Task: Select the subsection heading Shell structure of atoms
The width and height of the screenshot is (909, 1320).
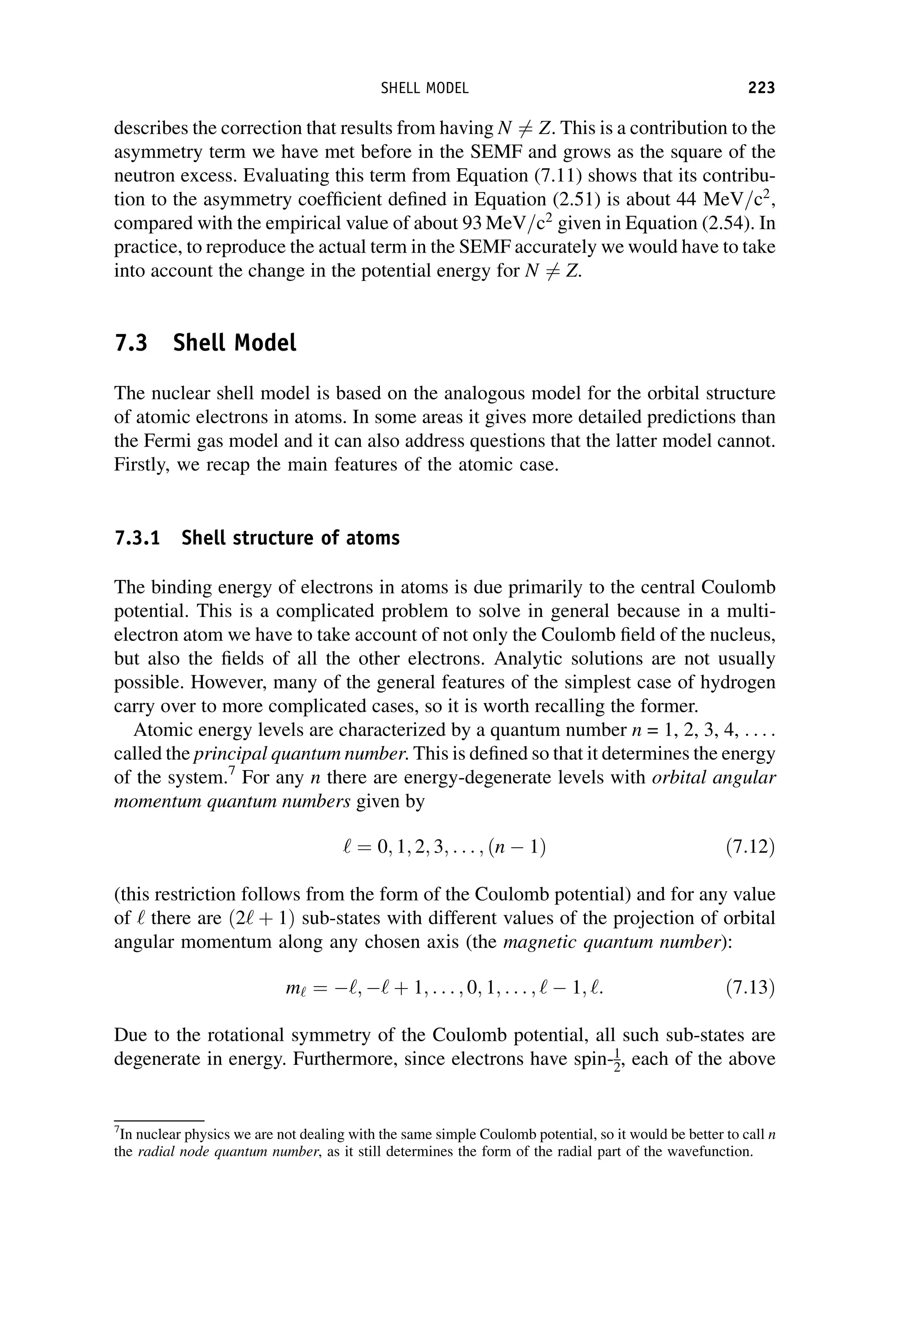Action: click(x=290, y=537)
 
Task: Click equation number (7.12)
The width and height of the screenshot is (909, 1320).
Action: click(x=750, y=848)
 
